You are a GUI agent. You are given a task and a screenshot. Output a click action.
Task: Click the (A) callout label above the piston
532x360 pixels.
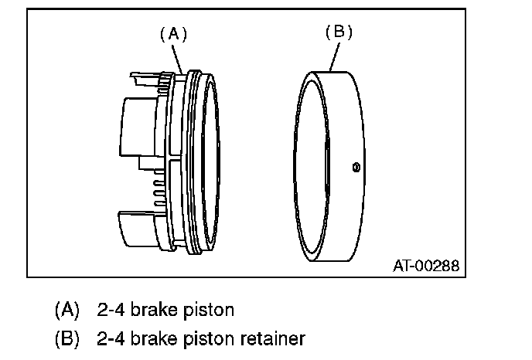[x=173, y=33]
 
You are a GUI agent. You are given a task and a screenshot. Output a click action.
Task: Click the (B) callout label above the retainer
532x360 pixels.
[x=338, y=32]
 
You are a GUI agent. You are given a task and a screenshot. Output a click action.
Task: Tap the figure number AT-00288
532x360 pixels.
[x=425, y=266]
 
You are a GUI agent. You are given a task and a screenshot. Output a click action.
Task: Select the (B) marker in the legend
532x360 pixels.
[x=66, y=338]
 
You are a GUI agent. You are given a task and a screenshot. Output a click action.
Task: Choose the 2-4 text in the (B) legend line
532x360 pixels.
[x=110, y=338]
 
